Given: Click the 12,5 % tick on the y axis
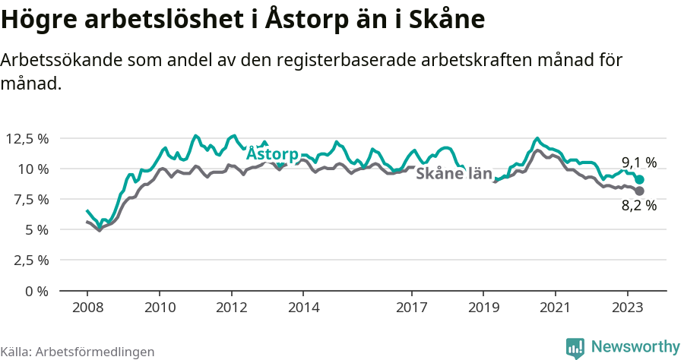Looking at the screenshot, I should [27, 138].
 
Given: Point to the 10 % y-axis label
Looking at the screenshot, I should [33, 169].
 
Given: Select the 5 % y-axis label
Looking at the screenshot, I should [36, 229].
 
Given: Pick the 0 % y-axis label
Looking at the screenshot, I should [36, 291].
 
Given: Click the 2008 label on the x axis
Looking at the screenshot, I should [87, 308].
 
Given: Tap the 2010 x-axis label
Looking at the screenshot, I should [160, 308].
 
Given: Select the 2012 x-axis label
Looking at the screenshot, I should [232, 308].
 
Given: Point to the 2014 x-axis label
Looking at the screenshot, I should [303, 308].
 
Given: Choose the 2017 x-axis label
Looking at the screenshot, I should [412, 308].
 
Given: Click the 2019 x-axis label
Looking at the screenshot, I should [483, 308].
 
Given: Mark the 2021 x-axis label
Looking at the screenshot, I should [556, 308].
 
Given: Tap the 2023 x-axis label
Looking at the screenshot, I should [628, 308].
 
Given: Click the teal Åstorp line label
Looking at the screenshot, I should [271, 153].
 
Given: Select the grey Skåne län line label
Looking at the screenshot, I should [454, 173].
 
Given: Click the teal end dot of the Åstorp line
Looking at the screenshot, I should [640, 179].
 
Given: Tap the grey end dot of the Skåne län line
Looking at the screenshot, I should [640, 191].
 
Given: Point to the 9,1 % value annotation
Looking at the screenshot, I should [639, 162].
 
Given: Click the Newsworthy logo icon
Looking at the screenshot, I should [575, 347].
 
